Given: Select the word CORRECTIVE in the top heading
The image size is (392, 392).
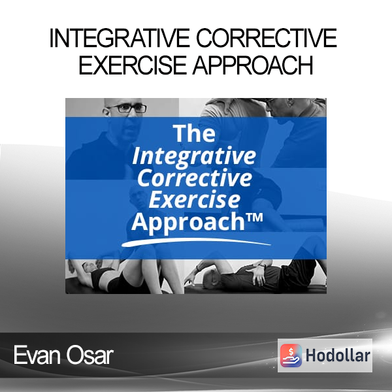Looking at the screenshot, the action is (267, 39).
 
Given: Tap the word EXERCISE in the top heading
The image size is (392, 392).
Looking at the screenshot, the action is (133, 65).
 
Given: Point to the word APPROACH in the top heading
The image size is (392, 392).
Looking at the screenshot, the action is (252, 65).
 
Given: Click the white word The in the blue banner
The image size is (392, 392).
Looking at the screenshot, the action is (194, 133).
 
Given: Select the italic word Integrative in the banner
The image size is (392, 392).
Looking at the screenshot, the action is (194, 157).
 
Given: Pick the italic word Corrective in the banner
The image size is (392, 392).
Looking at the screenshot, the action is (195, 178).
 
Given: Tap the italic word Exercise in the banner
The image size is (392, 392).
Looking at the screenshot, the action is (195, 199).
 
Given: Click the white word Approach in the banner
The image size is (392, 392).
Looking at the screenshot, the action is (188, 222).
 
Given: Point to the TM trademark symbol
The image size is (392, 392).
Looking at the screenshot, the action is (254, 218).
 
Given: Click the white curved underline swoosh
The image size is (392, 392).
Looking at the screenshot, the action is (196, 242).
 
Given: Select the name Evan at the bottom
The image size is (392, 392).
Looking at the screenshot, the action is (37, 355).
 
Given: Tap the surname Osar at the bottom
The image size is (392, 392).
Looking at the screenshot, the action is (90, 355).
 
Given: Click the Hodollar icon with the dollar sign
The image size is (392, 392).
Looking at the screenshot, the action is (291, 355).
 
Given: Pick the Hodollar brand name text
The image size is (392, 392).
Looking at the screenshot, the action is (338, 355).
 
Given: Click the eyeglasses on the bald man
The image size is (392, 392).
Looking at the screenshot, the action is (126, 108).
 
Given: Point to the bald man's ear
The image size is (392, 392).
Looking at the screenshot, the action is (106, 111).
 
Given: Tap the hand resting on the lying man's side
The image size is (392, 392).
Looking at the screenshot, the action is (257, 275).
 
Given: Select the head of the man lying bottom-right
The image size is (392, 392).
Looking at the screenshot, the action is (210, 276).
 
